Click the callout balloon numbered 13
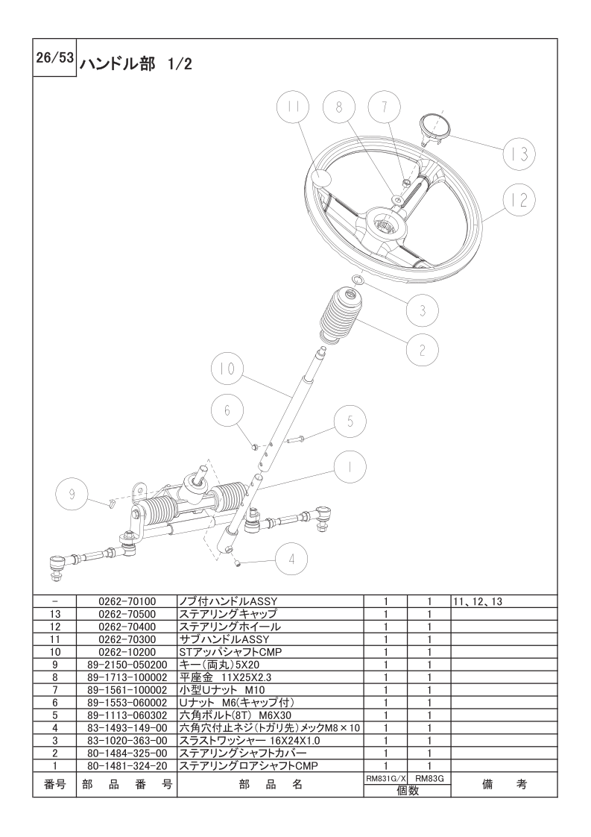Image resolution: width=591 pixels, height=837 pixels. (x=519, y=154)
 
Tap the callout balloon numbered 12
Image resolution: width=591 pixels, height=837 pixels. (x=519, y=200)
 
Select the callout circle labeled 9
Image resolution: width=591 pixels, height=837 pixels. (x=72, y=495)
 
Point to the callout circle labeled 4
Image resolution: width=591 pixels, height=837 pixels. (x=291, y=559)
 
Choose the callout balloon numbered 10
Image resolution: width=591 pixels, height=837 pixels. (x=227, y=369)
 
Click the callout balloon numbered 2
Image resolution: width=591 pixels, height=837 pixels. (x=422, y=350)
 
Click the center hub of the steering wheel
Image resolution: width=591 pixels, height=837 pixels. (x=385, y=225)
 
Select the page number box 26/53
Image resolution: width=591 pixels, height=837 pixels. (x=54, y=57)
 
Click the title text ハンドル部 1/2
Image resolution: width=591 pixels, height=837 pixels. (x=136, y=65)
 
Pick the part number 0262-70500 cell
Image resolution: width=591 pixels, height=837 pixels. (x=127, y=614)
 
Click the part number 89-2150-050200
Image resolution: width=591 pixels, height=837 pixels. (x=127, y=665)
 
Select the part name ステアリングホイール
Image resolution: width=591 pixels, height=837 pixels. (x=230, y=627)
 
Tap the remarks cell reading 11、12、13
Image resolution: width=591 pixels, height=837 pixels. (x=478, y=601)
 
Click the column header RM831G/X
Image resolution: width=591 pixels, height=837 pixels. (x=385, y=779)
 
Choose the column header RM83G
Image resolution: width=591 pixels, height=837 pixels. (x=429, y=779)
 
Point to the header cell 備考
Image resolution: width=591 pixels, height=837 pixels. (x=504, y=784)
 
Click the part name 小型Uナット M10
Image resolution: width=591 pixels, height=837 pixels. (x=222, y=690)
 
